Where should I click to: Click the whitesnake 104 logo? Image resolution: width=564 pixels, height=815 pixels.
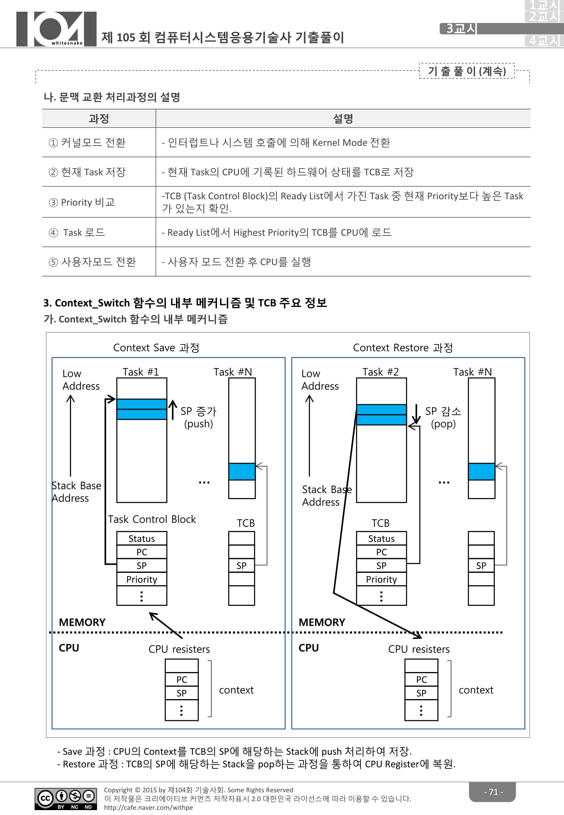pyautogui.click(x=56, y=29)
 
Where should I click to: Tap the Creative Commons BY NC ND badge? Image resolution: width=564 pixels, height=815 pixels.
pyautogui.click(x=65, y=798)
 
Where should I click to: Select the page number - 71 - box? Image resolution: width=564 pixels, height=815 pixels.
pyautogui.click(x=493, y=792)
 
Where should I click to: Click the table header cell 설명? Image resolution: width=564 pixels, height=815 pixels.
pyautogui.click(x=343, y=119)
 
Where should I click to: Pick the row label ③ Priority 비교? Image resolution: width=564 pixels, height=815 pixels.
pyautogui.click(x=82, y=202)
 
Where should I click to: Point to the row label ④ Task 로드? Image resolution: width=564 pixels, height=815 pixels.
pyautogui.click(x=77, y=232)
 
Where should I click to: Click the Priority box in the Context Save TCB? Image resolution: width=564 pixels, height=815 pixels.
pyautogui.click(x=141, y=579)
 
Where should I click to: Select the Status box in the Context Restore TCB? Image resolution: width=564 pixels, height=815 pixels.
pyautogui.click(x=381, y=539)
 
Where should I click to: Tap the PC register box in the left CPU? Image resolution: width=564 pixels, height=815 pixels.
pyautogui.click(x=182, y=680)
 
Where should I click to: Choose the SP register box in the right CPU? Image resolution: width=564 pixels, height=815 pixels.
pyautogui.click(x=421, y=693)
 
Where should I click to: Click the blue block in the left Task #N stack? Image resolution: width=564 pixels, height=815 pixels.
pyautogui.click(x=242, y=472)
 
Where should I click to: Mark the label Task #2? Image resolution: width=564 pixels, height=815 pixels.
pyautogui.click(x=380, y=372)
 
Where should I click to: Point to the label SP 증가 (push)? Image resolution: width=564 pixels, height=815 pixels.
pyautogui.click(x=198, y=417)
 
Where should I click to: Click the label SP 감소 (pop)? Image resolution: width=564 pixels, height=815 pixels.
pyautogui.click(x=443, y=417)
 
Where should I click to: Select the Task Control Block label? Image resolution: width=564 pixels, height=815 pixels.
pyautogui.click(x=152, y=519)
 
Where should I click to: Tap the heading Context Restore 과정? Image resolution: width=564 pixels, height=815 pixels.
pyautogui.click(x=403, y=348)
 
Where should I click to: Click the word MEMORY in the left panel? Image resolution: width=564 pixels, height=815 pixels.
pyautogui.click(x=82, y=622)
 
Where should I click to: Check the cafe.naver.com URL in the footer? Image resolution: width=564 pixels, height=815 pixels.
pyautogui.click(x=149, y=807)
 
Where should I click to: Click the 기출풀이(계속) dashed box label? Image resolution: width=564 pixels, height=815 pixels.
pyautogui.click(x=467, y=71)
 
